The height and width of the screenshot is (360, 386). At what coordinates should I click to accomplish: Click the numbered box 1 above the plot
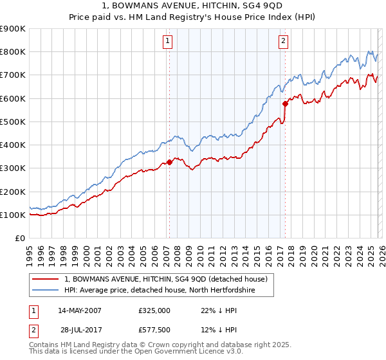click(x=167, y=42)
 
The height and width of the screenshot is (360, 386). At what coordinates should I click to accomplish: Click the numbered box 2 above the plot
click(x=284, y=42)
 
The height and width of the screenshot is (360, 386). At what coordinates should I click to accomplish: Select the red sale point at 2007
click(x=169, y=163)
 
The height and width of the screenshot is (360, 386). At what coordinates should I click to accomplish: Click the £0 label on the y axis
click(x=19, y=238)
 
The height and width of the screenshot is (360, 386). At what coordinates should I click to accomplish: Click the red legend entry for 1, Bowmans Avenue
click(x=170, y=278)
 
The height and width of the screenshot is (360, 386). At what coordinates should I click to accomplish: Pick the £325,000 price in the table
click(x=154, y=310)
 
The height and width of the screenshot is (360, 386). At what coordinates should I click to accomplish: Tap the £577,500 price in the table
click(x=154, y=331)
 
